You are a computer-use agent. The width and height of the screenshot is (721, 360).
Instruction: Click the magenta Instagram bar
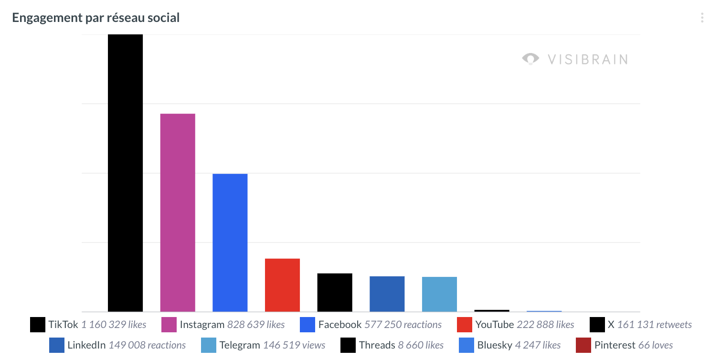click(x=178, y=212)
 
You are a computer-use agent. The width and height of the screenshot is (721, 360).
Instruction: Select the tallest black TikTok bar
click(x=125, y=173)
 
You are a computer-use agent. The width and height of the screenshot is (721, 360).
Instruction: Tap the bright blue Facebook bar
click(x=230, y=243)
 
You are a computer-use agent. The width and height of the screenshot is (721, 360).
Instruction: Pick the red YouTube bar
click(x=282, y=285)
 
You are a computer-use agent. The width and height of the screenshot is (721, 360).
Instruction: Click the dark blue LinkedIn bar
click(x=387, y=294)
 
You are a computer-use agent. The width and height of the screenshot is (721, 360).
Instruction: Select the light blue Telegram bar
click(x=439, y=294)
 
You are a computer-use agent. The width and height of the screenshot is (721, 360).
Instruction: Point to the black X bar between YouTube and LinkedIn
click(x=335, y=292)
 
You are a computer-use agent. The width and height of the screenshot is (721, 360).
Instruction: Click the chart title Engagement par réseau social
click(x=96, y=18)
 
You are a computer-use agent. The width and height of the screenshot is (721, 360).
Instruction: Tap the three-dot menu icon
click(x=701, y=18)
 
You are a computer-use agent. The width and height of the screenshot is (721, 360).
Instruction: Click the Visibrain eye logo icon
click(x=530, y=59)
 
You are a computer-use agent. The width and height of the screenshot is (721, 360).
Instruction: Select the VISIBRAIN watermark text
click(x=587, y=59)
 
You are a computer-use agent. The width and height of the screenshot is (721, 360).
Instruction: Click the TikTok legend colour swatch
click(x=37, y=325)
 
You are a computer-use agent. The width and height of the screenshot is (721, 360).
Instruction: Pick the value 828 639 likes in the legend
click(x=256, y=325)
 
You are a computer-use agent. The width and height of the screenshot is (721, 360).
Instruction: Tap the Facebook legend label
click(x=339, y=325)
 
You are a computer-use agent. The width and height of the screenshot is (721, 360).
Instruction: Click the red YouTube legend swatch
click(x=464, y=325)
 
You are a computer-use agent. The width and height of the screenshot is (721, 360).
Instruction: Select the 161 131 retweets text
click(x=654, y=325)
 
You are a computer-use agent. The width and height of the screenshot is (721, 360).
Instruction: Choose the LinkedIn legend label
click(x=86, y=345)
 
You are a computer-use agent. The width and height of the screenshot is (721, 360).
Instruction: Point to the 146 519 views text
click(x=294, y=345)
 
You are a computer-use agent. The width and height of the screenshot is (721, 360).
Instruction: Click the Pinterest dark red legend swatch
click(x=583, y=345)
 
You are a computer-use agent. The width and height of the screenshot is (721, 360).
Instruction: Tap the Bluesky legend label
click(x=494, y=345)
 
